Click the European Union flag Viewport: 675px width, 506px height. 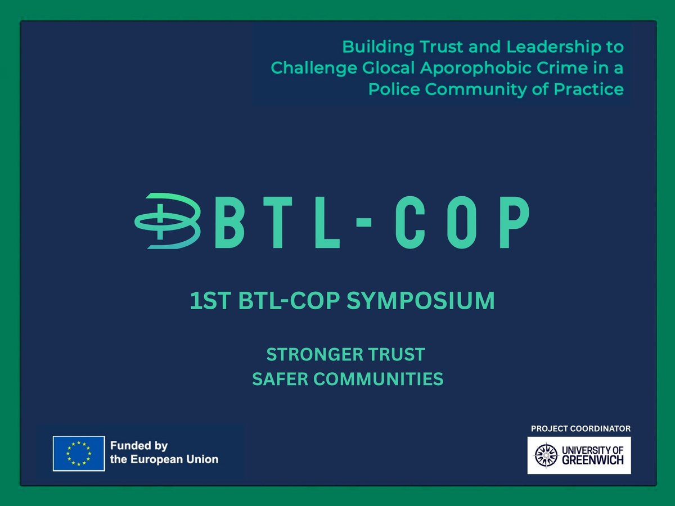click(x=79, y=453)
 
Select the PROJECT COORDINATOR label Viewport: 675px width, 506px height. click(x=580, y=429)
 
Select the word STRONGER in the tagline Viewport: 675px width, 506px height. click(x=313, y=355)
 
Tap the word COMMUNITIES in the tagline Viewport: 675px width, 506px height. click(x=378, y=379)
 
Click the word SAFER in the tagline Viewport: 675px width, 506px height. click(x=280, y=379)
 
